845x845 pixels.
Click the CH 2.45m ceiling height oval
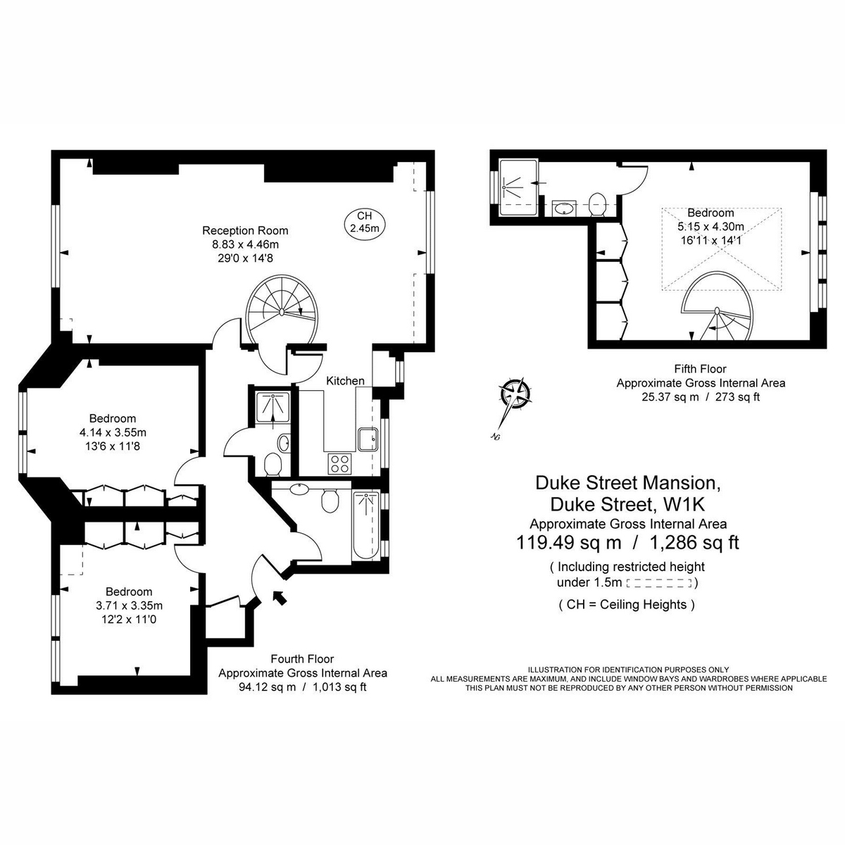click(365, 222)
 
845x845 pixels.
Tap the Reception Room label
click(245, 230)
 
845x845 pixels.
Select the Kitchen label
click(345, 381)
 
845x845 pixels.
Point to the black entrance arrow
click(280, 597)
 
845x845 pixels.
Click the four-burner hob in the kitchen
click(340, 463)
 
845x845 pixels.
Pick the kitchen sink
click(367, 440)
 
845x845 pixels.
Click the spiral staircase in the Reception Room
click(283, 308)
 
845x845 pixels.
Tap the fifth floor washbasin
click(563, 208)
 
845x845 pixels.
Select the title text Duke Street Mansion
click(628, 483)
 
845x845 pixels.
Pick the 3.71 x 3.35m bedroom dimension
click(129, 606)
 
